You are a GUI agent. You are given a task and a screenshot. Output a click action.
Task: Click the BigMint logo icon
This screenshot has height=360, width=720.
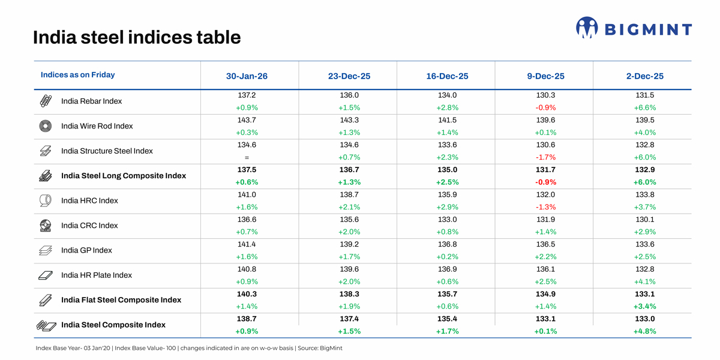(x=587, y=28)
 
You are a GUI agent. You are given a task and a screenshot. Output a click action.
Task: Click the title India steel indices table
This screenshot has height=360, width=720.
(x=137, y=38)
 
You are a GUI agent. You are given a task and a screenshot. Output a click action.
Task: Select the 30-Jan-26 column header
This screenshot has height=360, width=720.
(x=247, y=76)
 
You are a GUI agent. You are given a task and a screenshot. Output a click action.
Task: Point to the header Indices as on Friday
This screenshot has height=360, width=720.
(x=77, y=75)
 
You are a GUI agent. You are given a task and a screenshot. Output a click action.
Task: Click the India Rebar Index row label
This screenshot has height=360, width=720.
(x=91, y=101)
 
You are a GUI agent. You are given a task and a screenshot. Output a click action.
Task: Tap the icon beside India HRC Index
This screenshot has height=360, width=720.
(x=46, y=200)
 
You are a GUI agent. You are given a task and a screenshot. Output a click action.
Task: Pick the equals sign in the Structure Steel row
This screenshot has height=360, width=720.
(x=247, y=158)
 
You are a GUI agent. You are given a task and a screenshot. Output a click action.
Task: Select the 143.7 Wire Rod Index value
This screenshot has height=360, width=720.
(x=247, y=120)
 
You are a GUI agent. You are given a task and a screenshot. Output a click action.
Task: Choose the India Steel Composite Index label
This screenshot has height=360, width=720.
(x=113, y=325)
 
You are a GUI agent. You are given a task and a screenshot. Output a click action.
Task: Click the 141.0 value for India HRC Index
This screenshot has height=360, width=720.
(x=247, y=194)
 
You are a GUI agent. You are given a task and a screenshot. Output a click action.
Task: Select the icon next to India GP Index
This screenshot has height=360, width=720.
(x=46, y=250)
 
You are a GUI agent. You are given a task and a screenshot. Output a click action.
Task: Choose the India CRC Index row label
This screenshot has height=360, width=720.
(x=89, y=226)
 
